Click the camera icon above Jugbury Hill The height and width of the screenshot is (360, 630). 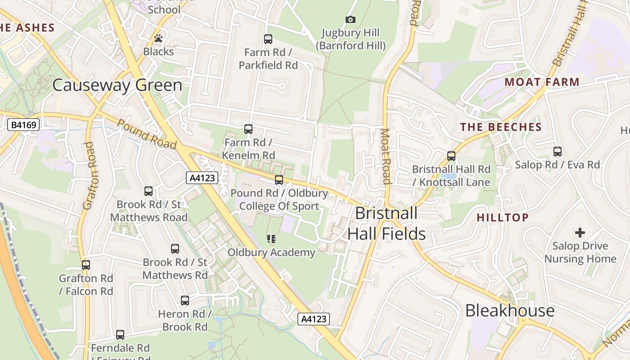coord(350,19)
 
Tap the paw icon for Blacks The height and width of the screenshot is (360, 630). coord(158,38)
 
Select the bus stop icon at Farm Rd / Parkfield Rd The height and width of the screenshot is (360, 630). coord(268,39)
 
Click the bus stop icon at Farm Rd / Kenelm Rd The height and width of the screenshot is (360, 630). coord(248,129)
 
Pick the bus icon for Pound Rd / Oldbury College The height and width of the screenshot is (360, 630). coord(279,180)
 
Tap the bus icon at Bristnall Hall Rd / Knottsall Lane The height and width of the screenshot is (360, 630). coord(451,156)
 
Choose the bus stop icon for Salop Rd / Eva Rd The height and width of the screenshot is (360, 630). coord(558,152)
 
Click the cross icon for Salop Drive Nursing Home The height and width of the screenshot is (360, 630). coord(580,233)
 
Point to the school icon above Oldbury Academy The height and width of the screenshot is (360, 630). coord(271,239)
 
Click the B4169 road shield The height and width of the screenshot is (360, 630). coord(24,125)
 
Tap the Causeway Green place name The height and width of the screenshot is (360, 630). coord(117,85)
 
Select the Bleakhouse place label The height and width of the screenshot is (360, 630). coord(509,310)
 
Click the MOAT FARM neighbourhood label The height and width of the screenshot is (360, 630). coord(542,82)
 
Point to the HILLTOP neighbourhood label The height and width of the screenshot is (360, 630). coord(503,218)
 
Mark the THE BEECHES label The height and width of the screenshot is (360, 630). coord(501,127)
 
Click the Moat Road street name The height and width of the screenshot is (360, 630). coord(385,156)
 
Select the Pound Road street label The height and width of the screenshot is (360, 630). coord(147,134)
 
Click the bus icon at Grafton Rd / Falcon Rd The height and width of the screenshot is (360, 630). coord(86,265)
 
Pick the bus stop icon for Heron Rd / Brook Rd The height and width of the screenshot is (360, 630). coord(185,301)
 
